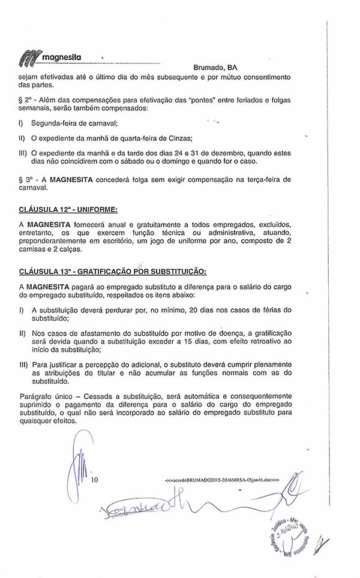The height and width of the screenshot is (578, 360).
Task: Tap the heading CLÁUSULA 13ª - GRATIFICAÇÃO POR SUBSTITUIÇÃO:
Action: pyautogui.click(x=113, y=271)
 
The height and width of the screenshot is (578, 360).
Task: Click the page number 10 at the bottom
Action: pyautogui.click(x=94, y=480)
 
